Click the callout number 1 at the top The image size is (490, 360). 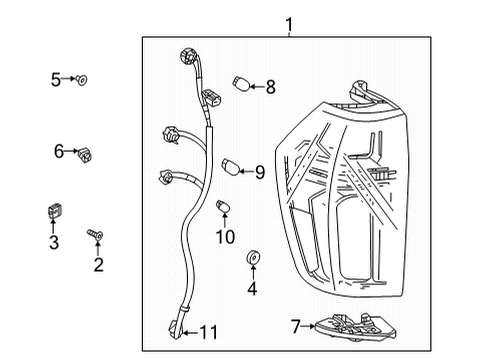[x=288, y=24]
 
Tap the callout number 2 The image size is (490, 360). [x=98, y=265]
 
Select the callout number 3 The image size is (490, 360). [x=54, y=243]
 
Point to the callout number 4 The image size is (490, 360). [x=252, y=290]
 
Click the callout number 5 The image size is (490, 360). [x=57, y=77]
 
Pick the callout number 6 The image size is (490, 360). [x=59, y=151]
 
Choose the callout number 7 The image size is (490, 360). [x=295, y=325]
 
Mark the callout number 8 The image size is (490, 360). [x=270, y=88]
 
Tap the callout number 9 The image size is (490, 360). [x=259, y=172]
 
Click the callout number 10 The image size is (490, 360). [x=225, y=237]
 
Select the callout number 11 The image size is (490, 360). [x=207, y=331]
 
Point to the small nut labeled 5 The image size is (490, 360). [x=83, y=77]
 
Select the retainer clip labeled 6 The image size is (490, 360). [x=86, y=152]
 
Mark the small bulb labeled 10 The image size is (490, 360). [x=224, y=208]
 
